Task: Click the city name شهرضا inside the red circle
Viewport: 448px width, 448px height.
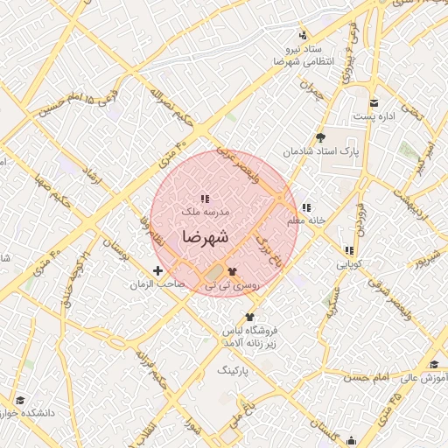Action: (206, 236)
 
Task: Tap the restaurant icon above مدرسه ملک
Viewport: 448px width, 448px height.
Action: (205, 199)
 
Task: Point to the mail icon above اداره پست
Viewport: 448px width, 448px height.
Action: (374, 102)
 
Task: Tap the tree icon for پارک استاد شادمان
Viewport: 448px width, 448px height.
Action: (320, 137)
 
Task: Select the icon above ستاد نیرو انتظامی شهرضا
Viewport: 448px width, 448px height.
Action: (303, 35)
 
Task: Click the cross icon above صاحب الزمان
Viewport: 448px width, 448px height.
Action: (157, 271)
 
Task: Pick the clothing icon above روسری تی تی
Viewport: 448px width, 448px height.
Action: (232, 271)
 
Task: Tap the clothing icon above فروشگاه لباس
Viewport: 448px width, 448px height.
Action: (250, 317)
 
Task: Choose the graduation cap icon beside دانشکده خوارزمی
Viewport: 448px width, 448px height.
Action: (19, 400)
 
